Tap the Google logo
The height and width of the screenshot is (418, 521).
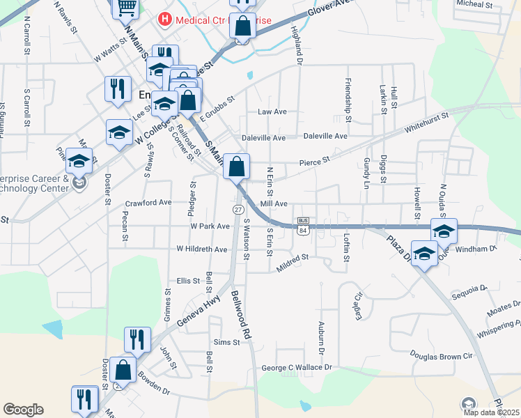click(23, 410)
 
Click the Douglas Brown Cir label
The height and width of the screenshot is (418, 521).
click(440, 356)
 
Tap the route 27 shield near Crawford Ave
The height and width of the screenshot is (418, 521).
click(238, 210)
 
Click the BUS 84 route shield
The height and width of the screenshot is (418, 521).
click(302, 226)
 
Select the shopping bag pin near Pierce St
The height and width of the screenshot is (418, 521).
click(237, 168)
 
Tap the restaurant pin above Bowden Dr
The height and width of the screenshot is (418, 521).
click(137, 340)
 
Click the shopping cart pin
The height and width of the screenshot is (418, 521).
click(125, 8)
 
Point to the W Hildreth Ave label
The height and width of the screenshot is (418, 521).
click(202, 249)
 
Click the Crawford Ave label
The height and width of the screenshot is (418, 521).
click(148, 203)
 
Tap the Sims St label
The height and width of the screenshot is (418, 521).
click(226, 342)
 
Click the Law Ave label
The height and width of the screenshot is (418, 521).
click(272, 111)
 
